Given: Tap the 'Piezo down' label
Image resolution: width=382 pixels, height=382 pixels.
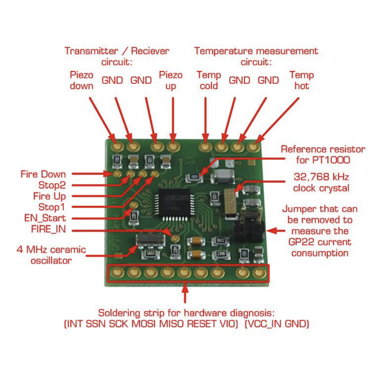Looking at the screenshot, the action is [x=82, y=80].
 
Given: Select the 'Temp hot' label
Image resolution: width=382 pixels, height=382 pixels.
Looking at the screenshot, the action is [x=302, y=80].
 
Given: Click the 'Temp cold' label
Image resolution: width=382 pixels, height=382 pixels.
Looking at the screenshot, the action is [x=209, y=80].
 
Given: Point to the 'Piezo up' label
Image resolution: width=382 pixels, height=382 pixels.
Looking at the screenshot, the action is [x=170, y=80].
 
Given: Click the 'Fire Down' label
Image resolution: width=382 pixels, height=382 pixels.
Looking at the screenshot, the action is [x=43, y=174].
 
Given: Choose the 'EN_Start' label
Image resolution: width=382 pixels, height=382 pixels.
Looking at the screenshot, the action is [x=45, y=218].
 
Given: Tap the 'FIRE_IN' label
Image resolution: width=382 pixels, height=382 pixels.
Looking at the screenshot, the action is [x=49, y=229].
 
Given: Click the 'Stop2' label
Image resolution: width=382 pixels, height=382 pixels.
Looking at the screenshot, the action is [x=52, y=185].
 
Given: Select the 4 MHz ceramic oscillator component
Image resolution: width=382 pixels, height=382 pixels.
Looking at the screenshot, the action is [x=151, y=240].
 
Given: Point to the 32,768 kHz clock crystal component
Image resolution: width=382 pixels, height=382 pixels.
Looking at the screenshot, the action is [x=231, y=204].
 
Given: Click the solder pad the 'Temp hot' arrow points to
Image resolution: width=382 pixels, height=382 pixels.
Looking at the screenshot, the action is [x=253, y=147].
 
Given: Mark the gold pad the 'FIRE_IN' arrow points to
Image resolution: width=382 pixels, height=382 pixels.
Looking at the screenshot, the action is [x=175, y=238].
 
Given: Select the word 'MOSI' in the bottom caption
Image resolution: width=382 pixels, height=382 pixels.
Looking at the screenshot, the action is [x=144, y=324].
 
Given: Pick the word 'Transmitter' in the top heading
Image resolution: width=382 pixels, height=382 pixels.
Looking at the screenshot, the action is [x=91, y=51].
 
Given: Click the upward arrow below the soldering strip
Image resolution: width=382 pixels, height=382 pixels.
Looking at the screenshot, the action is [x=185, y=293].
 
